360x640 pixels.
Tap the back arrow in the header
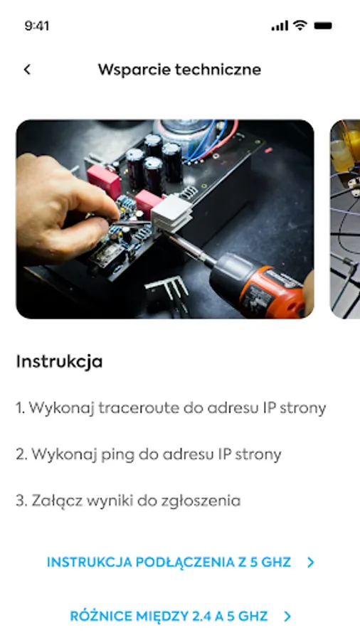click(x=27, y=70)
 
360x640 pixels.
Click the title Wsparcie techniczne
click(x=179, y=70)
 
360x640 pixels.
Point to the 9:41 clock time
click(x=37, y=26)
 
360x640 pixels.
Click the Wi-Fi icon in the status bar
click(x=300, y=26)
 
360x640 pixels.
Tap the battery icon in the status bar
click(x=323, y=26)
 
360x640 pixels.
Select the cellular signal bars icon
click(x=280, y=26)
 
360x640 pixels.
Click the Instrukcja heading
click(x=59, y=362)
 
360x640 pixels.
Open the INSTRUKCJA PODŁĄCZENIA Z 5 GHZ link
click(x=169, y=562)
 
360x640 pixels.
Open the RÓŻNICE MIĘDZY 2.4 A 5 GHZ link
click(x=169, y=616)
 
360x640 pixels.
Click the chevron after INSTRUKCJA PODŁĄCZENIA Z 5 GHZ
click(x=311, y=563)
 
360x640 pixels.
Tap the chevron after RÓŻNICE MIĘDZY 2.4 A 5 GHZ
click(x=287, y=617)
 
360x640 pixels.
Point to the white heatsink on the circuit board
click(x=171, y=214)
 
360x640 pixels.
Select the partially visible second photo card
click(x=345, y=219)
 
